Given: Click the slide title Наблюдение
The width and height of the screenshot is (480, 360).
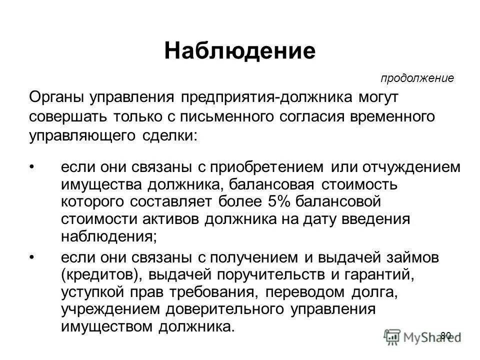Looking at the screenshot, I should pos(240,51).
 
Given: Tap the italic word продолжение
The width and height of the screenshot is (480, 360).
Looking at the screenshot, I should pos(417,78).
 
